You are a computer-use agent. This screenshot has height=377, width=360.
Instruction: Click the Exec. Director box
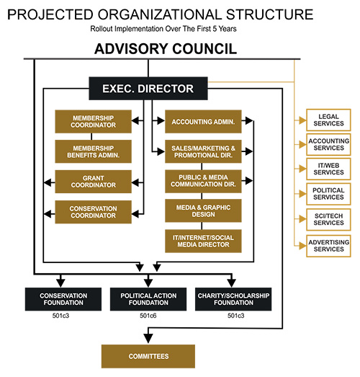pos(148,89)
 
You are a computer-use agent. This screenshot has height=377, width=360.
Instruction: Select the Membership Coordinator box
pos(93,122)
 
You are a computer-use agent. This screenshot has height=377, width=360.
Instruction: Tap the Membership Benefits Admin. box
pos(93,151)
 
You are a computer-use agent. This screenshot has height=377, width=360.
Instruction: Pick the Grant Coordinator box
pos(93,182)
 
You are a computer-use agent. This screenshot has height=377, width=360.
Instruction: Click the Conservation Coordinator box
pos(93,212)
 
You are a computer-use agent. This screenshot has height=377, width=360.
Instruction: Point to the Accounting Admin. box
pos(203,122)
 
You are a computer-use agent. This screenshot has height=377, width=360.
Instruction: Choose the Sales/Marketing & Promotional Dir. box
pos(203,151)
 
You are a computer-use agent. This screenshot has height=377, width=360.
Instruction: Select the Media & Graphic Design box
pos(203,210)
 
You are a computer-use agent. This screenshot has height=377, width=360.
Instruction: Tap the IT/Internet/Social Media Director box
pos(203,241)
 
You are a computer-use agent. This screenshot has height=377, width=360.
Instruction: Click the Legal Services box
pos(328,120)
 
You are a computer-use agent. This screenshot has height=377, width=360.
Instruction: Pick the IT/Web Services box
pos(328,169)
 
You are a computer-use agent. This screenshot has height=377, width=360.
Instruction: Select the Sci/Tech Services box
pos(328,220)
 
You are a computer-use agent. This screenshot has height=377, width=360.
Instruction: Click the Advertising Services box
pos(328,246)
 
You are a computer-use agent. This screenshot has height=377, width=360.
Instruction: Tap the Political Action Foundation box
pos(148,299)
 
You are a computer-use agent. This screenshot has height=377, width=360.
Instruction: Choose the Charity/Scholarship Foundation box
pos(233,299)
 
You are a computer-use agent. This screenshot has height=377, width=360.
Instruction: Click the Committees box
pos(148,356)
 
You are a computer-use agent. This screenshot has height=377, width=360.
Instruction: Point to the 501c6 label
pos(148,316)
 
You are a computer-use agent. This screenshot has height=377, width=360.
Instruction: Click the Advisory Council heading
pos(166,49)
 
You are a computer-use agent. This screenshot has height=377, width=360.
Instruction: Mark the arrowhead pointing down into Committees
pos(148,338)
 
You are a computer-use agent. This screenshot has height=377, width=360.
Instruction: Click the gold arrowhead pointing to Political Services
pos(302,194)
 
